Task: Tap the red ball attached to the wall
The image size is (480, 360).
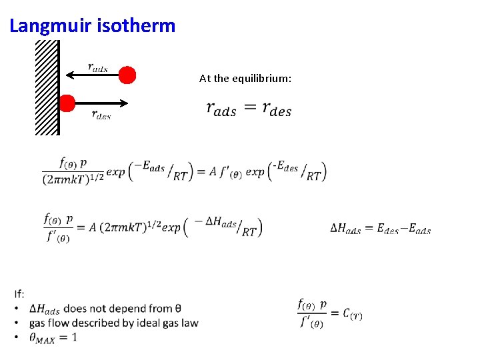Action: click(66, 103)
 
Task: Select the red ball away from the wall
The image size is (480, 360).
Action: click(127, 75)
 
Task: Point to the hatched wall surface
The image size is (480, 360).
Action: click(47, 87)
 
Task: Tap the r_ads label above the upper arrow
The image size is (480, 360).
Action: click(97, 67)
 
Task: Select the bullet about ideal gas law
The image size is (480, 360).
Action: click(113, 323)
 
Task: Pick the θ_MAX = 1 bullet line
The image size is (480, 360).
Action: click(53, 338)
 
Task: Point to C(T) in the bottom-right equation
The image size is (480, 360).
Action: click(353, 314)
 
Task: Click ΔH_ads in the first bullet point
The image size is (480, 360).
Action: click(45, 309)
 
